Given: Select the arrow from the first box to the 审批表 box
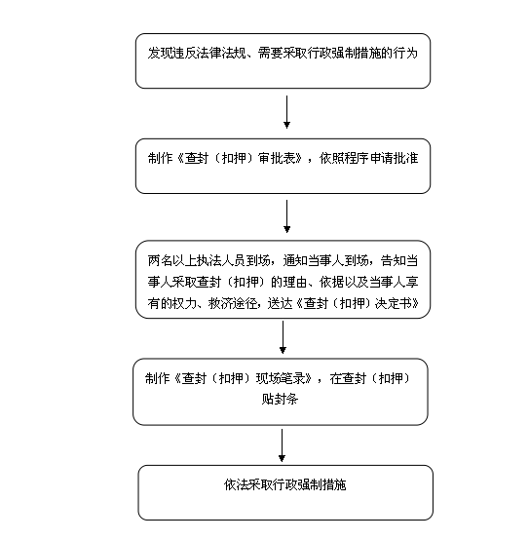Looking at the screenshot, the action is coord(286,112).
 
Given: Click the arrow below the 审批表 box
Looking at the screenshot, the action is coord(286,216).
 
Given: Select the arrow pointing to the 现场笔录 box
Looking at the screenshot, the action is coord(283,337).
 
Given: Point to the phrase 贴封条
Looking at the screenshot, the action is coord(280,399).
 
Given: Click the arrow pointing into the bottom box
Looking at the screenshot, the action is coord(282,445).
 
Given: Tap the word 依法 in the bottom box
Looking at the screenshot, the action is coord(236,484).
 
